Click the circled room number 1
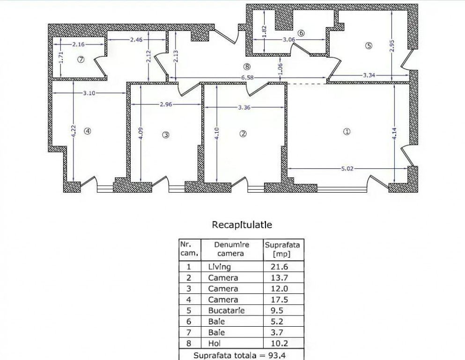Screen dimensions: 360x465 pyautogui.click(x=347, y=132)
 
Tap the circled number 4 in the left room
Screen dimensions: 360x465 pyautogui.click(x=87, y=131)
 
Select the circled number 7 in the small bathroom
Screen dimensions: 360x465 pyautogui.click(x=81, y=60)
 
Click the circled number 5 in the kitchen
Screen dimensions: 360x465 pyautogui.click(x=369, y=45)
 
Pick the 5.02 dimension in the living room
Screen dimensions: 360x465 pyautogui.click(x=346, y=169)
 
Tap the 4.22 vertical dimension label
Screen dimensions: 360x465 pyautogui.click(x=73, y=131)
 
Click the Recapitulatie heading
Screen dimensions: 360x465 pyautogui.click(x=242, y=225)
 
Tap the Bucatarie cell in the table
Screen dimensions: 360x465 pyautogui.click(x=226, y=310)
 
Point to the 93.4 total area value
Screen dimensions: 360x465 pyautogui.click(x=280, y=355)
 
